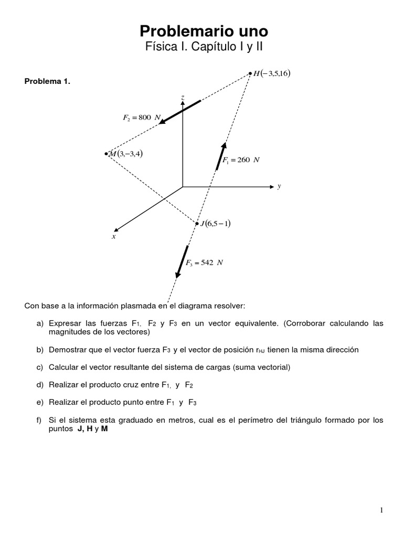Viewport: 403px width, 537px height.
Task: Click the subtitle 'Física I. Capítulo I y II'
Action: click(203, 47)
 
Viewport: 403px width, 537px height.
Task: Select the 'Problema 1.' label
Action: click(47, 81)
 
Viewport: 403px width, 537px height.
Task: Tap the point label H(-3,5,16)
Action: click(271, 73)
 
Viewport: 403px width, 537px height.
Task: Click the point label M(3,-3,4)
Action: click(126, 153)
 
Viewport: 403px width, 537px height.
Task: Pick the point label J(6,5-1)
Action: click(216, 223)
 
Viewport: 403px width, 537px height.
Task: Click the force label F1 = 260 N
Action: click(241, 160)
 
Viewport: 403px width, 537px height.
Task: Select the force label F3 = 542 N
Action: click(204, 263)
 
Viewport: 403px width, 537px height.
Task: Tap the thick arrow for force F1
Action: click(221, 156)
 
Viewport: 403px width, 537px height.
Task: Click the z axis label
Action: click(182, 98)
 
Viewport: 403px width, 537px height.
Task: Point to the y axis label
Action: click(280, 186)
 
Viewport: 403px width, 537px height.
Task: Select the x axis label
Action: click(113, 237)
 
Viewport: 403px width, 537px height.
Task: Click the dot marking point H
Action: click(250, 74)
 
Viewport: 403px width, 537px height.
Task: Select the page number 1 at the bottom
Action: click(381, 510)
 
